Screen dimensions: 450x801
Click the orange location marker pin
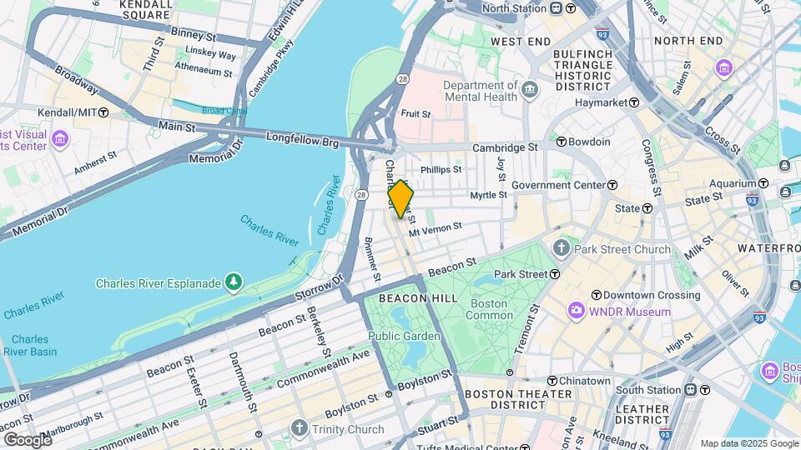(400, 199)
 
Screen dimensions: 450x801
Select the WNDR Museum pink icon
(576, 312)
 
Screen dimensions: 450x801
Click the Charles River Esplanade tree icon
(234, 283)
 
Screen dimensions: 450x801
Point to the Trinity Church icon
(300, 429)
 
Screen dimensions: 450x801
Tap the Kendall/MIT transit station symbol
(103, 112)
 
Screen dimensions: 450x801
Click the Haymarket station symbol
(634, 102)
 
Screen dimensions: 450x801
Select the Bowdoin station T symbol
(562, 142)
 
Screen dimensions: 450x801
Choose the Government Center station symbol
(612, 185)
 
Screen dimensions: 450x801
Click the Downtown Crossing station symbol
(597, 295)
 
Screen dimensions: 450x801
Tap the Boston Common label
(489, 309)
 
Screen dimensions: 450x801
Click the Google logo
(28, 439)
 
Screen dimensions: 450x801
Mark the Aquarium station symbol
(763, 183)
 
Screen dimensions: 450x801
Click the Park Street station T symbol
(554, 273)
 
